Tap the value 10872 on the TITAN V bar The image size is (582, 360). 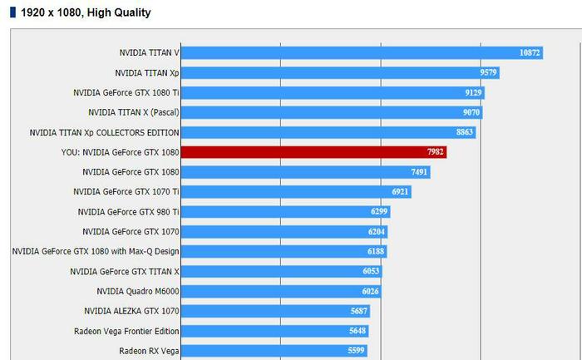point(530,52)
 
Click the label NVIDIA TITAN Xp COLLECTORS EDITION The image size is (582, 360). point(104,132)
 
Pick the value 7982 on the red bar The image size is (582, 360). point(436,152)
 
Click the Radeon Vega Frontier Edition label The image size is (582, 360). point(126,331)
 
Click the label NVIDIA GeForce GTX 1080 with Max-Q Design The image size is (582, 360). point(96,251)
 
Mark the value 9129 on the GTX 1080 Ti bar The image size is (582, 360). point(472,92)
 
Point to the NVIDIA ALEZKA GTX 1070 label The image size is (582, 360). point(131,311)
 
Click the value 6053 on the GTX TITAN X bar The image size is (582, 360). point(371,271)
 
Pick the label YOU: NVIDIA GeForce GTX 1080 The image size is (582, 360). point(120,152)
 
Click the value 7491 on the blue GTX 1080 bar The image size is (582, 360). point(419,172)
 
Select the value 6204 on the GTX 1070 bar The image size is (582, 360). point(376,231)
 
